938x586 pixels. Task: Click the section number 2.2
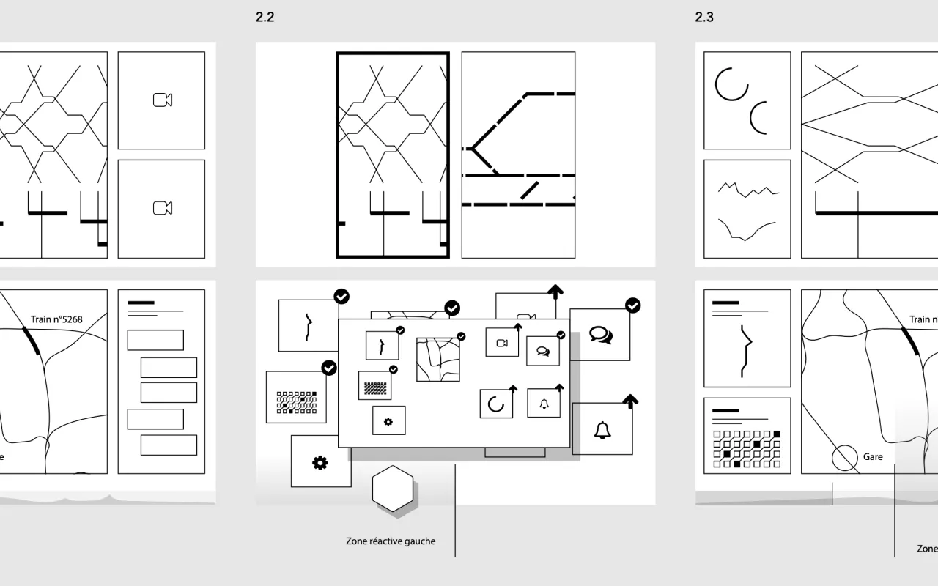click(x=265, y=18)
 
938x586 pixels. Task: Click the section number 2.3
click(x=704, y=18)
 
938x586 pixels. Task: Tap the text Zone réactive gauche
click(x=391, y=541)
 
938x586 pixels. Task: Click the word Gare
click(x=873, y=457)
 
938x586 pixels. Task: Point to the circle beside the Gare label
click(x=845, y=459)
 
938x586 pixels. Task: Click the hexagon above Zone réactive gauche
click(x=394, y=489)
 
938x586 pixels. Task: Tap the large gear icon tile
click(x=320, y=462)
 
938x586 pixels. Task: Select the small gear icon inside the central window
click(x=388, y=421)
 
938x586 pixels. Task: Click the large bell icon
click(x=602, y=431)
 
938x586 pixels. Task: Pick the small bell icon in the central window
click(x=544, y=404)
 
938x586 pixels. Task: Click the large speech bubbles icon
click(x=600, y=335)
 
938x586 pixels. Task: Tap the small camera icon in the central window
click(x=502, y=343)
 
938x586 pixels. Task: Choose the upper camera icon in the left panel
click(x=162, y=100)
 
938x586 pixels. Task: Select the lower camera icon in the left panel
click(x=162, y=209)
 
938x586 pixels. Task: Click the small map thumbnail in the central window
click(x=438, y=359)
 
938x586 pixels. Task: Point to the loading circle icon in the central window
click(x=496, y=404)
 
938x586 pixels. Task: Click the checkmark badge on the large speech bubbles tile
click(x=632, y=305)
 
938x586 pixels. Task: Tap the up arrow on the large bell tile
click(x=630, y=401)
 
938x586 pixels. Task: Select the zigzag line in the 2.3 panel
click(x=747, y=189)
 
